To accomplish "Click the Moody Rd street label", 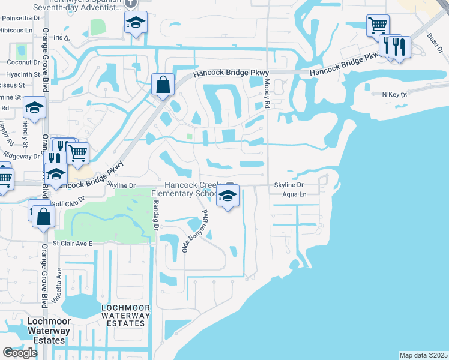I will pyautogui.click(x=268, y=94).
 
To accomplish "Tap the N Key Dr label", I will pyautogui.click(x=394, y=94).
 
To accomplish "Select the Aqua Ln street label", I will pyautogui.click(x=294, y=195).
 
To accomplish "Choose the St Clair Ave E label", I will pyautogui.click(x=73, y=244).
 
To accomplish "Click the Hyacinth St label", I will pyautogui.click(x=23, y=74).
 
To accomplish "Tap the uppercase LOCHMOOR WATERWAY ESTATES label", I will pyautogui.click(x=123, y=316).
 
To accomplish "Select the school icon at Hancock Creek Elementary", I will pyautogui.click(x=228, y=196).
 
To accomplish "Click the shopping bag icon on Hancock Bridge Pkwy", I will pyautogui.click(x=163, y=85).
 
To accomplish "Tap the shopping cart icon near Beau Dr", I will pyautogui.click(x=378, y=26).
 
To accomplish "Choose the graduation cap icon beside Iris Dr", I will pyautogui.click(x=136, y=23).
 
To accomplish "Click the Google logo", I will pyautogui.click(x=20, y=353).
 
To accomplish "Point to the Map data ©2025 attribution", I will pyautogui.click(x=423, y=355).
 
